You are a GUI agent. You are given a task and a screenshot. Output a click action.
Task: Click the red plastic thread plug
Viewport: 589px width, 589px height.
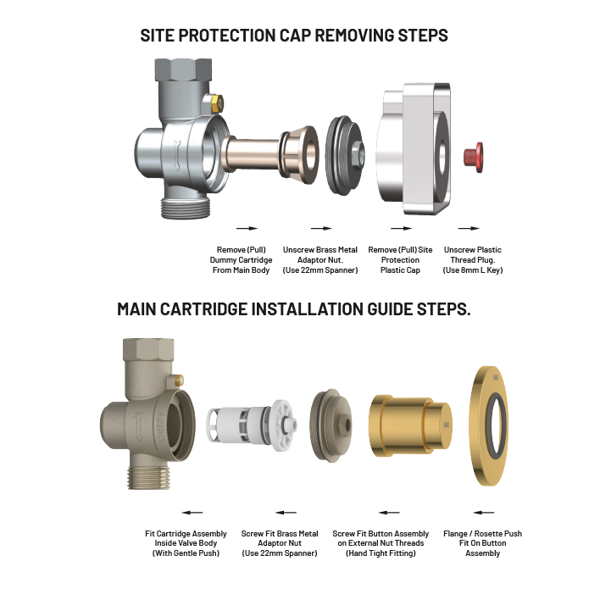point(474,155)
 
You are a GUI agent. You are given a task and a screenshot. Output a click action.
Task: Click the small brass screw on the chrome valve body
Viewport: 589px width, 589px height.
point(217,103)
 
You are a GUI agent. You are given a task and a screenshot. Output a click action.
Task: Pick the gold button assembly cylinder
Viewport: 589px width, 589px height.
point(408,421)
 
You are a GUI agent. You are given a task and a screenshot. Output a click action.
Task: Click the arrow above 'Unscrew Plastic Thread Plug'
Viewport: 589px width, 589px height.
point(468,228)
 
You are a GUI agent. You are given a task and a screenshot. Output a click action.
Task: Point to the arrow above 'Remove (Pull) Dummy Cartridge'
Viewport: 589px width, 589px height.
point(246,228)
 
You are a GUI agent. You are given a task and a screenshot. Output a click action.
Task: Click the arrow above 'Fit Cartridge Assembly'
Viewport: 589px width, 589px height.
point(192,512)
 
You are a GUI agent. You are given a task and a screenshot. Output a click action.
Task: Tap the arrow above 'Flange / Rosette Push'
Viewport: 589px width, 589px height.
point(483,512)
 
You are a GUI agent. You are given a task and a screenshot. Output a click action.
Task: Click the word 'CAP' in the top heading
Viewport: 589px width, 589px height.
point(303,36)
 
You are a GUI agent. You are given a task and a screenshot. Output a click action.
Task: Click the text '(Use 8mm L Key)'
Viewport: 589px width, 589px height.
point(472,270)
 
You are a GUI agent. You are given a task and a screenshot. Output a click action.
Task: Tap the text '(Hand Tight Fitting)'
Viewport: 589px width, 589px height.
point(381,553)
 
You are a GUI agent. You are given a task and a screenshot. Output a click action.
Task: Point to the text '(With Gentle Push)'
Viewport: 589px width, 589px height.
point(186,553)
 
